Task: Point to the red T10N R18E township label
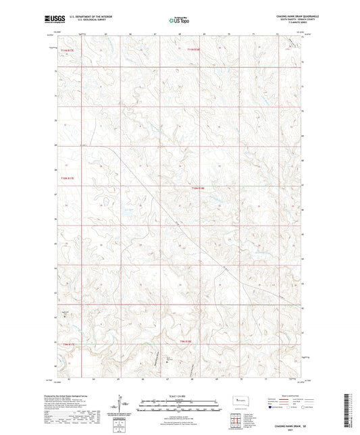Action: click(x=197, y=188)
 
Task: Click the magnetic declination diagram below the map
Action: click(x=119, y=407)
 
